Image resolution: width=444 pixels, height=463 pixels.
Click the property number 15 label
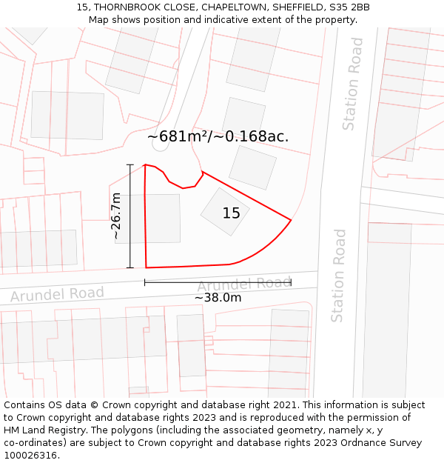232,213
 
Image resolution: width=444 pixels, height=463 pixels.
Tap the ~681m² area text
178,136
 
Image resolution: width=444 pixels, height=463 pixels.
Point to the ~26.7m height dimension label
116,216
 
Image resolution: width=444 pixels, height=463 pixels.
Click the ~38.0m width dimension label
218,298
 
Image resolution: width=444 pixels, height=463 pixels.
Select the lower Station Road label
338,276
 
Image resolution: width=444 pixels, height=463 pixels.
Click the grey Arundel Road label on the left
57,294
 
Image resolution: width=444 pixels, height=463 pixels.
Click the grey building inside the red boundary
225,211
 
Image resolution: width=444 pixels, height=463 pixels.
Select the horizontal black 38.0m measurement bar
218,282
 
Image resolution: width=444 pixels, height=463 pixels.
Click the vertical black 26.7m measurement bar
130,216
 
